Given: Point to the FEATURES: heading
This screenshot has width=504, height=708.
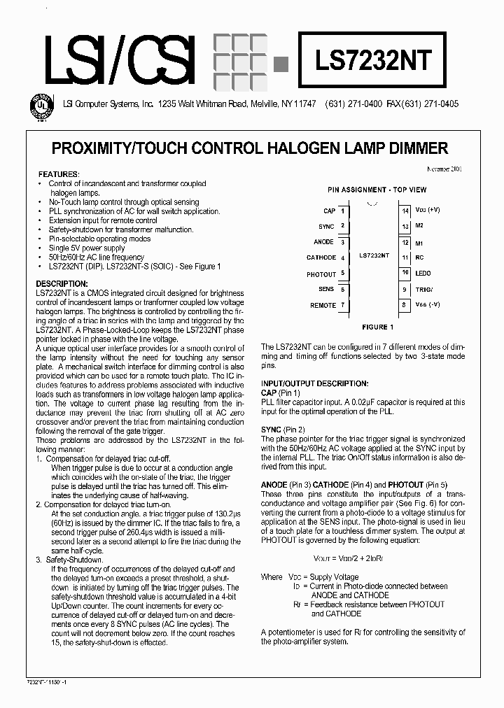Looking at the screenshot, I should (x=59, y=174).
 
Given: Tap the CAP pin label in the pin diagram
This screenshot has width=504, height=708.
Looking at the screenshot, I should (x=329, y=211).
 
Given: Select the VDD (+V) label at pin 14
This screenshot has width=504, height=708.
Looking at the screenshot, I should (x=427, y=210).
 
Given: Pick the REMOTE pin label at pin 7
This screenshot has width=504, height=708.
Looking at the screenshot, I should (x=323, y=306).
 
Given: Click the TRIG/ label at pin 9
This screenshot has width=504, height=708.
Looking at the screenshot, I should (x=424, y=289).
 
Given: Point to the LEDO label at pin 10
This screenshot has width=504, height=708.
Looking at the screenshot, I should (x=423, y=274).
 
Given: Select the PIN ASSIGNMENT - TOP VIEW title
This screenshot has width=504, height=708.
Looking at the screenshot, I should (x=377, y=190).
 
